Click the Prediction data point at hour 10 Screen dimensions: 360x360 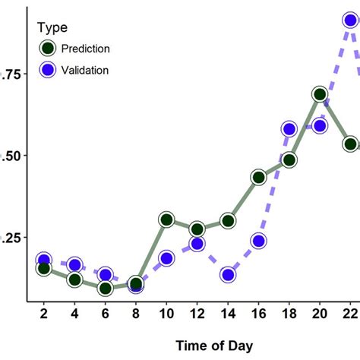166,220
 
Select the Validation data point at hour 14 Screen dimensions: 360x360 228,274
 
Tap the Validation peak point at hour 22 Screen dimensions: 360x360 350,21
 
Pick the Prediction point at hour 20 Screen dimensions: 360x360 320,95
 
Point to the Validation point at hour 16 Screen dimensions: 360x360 258,242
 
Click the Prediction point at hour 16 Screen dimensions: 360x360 258,178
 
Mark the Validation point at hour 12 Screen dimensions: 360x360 197,244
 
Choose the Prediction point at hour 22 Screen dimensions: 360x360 350,144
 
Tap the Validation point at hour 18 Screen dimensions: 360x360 289,129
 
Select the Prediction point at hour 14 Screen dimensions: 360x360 228,221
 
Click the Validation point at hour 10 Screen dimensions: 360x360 166,258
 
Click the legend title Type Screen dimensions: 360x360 52,28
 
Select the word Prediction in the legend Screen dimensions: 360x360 85,49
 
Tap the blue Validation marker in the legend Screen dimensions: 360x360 48,70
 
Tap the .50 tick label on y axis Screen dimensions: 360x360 12,156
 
